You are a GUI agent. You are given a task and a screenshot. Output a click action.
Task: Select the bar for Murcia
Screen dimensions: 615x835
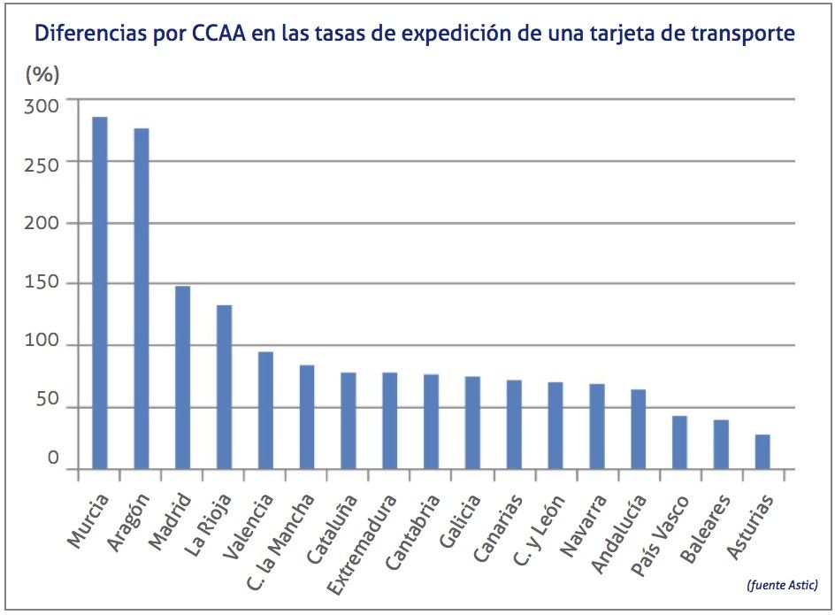(100, 292)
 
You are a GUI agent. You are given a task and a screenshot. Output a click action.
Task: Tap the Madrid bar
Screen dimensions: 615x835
(183, 377)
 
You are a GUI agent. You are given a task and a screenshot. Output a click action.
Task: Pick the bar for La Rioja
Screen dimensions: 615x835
(224, 387)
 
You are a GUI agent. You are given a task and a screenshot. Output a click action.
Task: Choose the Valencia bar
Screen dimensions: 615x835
(265, 411)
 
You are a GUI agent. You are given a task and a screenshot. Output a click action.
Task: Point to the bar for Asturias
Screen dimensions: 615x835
(762, 451)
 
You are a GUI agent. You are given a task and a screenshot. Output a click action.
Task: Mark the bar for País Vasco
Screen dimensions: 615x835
(679, 442)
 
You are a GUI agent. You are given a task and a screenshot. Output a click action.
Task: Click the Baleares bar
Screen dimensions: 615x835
(721, 444)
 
